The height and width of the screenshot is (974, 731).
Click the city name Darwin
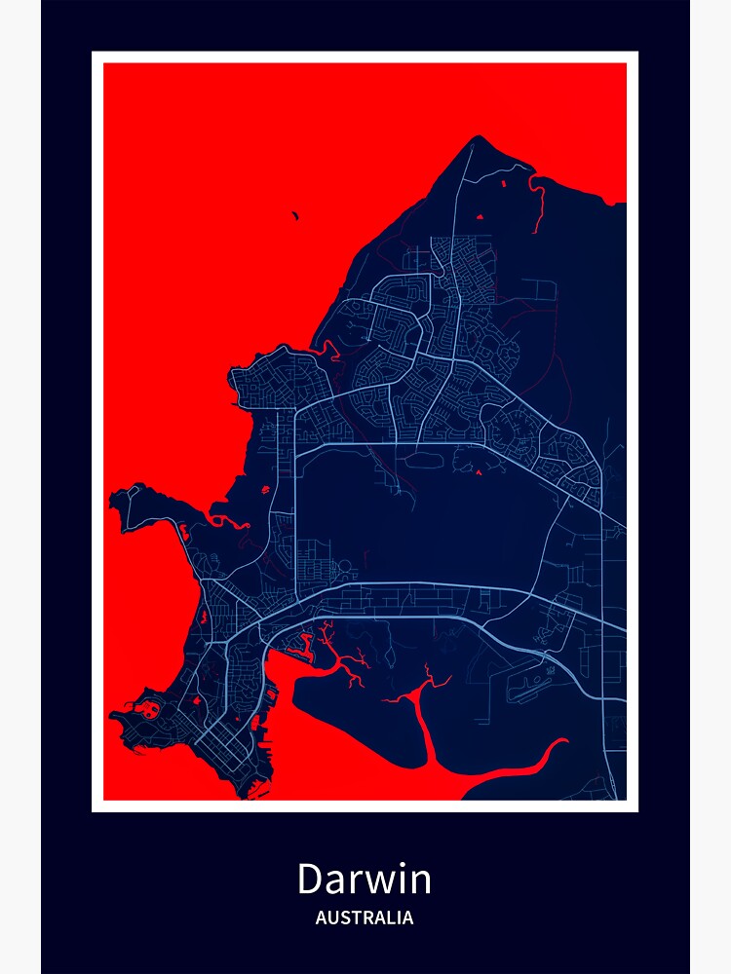(x=364, y=879)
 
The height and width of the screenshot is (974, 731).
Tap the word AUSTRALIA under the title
(x=365, y=918)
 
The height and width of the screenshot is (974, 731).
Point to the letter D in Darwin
(x=311, y=879)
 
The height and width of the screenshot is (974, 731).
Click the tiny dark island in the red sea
(x=294, y=216)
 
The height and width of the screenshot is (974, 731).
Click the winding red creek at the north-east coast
(x=535, y=200)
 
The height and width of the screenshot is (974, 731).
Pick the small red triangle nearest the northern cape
(x=479, y=215)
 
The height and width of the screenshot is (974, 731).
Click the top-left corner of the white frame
(x=94, y=54)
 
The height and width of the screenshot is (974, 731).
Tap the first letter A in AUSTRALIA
(x=321, y=918)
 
